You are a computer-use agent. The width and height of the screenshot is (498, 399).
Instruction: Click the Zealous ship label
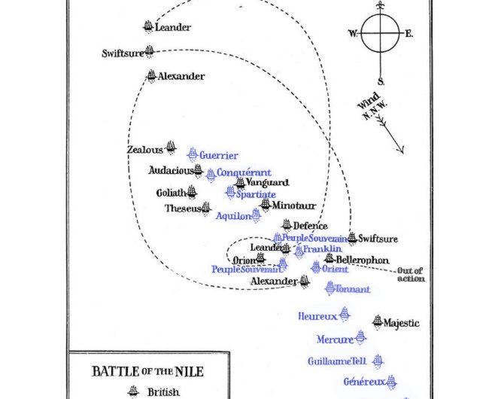144,150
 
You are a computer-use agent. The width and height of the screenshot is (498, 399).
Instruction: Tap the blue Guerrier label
218,155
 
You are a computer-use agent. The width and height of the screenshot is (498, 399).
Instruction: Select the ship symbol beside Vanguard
240,183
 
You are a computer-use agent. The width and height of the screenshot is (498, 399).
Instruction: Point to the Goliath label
170,193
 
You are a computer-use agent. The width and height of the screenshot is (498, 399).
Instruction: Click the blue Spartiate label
256,194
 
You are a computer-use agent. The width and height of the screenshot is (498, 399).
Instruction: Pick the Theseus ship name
182,209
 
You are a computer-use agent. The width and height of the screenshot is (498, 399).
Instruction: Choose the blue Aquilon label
232,216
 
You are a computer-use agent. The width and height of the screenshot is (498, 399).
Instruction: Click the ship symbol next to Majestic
377,321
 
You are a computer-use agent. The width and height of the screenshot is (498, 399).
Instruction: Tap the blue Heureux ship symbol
345,313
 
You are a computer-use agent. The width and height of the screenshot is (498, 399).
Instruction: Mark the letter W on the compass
352,33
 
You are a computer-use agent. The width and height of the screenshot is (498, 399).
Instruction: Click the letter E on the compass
408,33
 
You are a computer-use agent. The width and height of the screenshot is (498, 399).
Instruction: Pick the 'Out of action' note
411,275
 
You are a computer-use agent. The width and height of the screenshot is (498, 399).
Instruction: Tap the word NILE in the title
188,371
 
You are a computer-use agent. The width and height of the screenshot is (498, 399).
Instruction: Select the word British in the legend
163,391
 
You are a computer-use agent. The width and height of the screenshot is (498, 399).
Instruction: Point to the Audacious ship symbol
198,170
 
